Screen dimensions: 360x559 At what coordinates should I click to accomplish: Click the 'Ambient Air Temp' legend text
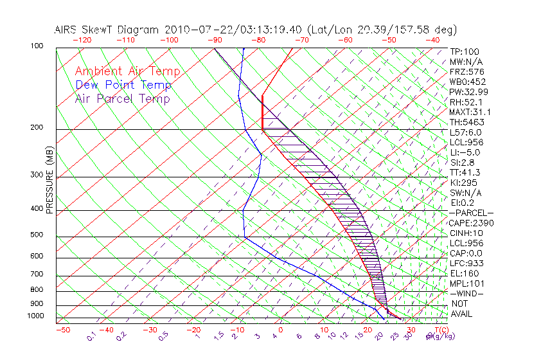point(127,71)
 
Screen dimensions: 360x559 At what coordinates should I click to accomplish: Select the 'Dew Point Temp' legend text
point(123,85)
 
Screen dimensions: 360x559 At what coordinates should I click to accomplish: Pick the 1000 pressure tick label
point(36,316)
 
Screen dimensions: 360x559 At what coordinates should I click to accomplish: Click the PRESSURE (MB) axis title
point(49,181)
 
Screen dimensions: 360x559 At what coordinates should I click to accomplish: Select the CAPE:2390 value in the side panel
point(470,223)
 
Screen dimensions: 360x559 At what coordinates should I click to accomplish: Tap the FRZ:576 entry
point(467,71)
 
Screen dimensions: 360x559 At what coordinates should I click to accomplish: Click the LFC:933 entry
point(467,264)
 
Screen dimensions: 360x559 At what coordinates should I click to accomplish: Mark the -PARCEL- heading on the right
point(471,213)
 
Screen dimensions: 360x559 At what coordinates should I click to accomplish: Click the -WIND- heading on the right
point(467,293)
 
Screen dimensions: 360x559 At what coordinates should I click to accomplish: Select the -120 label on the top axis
point(82,40)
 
